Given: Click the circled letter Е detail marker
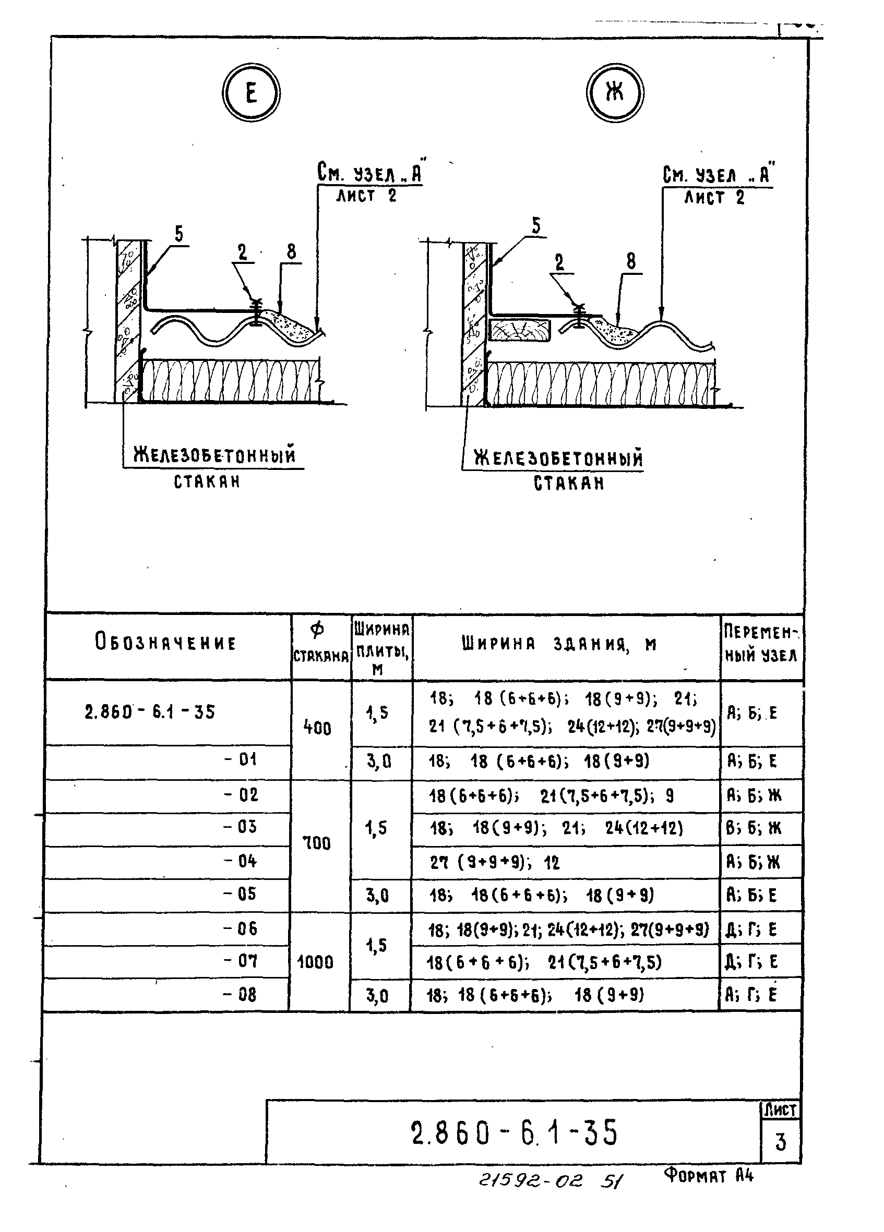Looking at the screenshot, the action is tap(251, 93).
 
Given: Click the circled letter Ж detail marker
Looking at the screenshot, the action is tap(615, 93).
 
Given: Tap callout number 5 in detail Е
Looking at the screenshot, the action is tap(179, 234).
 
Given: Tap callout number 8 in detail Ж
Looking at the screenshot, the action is tap(630, 261).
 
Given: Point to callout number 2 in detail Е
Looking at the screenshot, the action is tap(242, 252).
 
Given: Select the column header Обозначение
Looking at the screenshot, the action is tap(166, 643).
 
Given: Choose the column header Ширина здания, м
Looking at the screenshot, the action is tap(559, 644).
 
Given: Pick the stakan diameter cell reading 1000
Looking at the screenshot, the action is tap(315, 962).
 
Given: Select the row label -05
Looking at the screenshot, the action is tap(240, 894).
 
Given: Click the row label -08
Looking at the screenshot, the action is tap(240, 995).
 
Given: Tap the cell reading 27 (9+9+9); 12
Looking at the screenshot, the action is tap(494, 862).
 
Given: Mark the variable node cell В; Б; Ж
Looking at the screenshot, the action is tap(754, 828).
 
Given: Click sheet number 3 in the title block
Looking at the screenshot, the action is tap(780, 1142).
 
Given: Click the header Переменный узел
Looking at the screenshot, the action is tap(761, 644).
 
